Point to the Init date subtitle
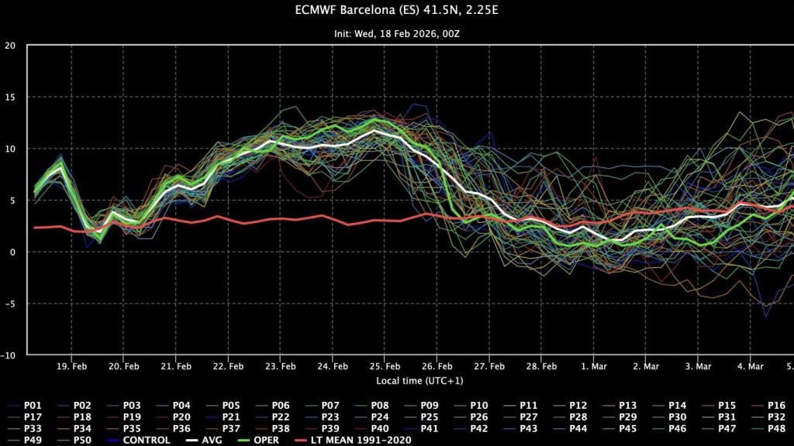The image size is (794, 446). tap(396, 34)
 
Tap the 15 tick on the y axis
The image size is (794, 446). tap(10, 97)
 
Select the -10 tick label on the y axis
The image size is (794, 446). tap(9, 355)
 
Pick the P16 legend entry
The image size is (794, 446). tap(775, 405)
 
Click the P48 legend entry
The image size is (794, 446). tap(775, 428)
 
